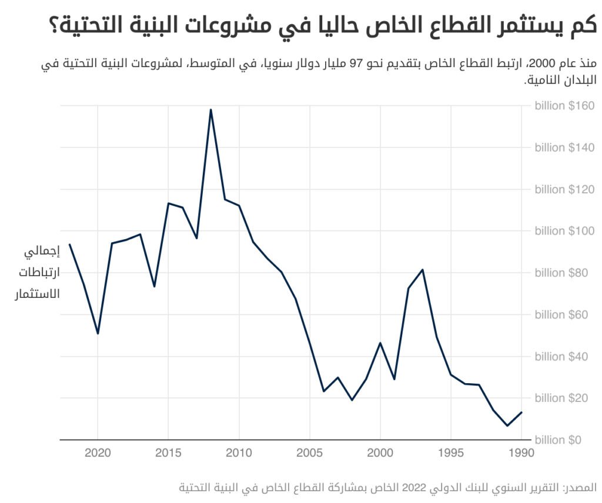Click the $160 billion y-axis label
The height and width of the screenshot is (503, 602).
(565, 106)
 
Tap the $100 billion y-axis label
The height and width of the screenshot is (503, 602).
(565, 231)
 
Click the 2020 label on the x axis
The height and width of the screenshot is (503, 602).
(98, 454)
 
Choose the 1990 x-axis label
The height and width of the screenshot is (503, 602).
(521, 454)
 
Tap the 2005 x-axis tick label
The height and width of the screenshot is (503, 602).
(309, 454)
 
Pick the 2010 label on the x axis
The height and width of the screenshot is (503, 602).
(239, 454)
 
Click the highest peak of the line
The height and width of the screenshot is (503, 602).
(210, 109)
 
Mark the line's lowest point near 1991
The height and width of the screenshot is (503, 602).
(507, 425)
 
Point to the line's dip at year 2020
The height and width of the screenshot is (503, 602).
(98, 334)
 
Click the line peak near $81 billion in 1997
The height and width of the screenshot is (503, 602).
(423, 270)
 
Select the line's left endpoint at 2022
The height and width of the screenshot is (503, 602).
(69, 244)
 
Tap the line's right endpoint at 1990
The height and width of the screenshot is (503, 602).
(521, 412)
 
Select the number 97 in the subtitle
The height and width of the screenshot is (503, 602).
(358, 64)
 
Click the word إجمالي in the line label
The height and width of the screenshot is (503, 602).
(42, 253)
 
